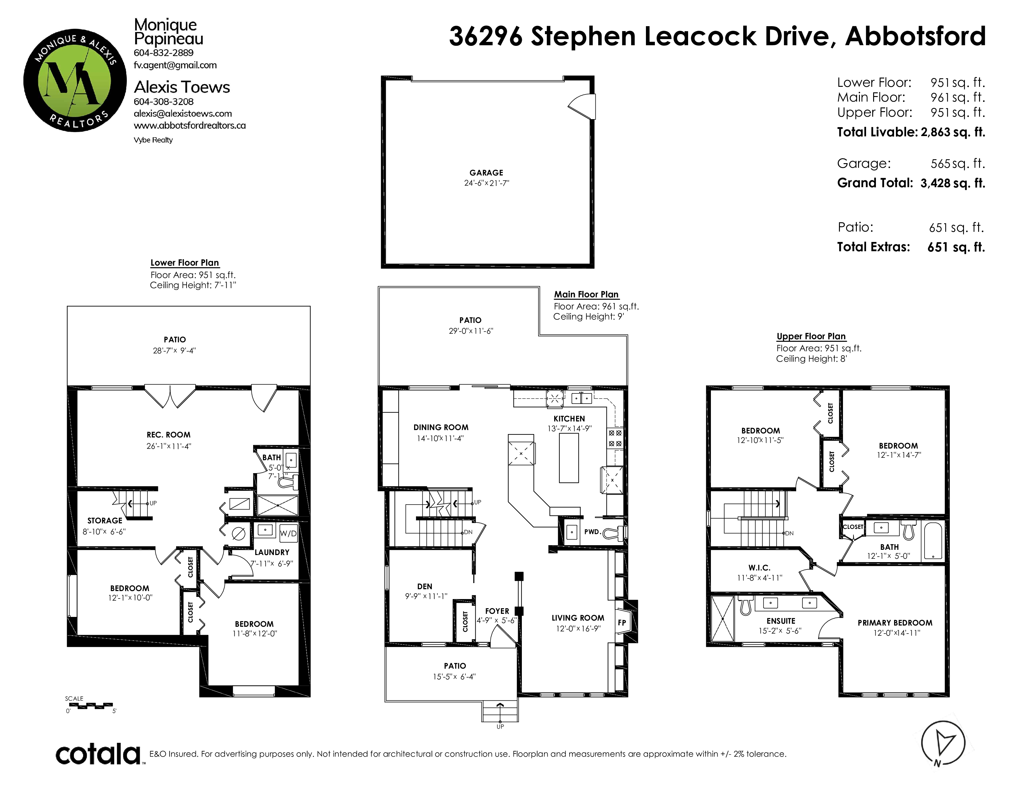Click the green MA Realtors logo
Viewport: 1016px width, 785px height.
pyautogui.click(x=75, y=80)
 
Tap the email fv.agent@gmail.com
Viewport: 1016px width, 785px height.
pyautogui.click(x=175, y=65)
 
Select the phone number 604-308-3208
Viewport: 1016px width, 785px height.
pyautogui.click(x=164, y=101)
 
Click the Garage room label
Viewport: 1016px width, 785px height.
pyautogui.click(x=486, y=172)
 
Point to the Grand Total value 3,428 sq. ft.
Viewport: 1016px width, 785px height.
pyautogui.click(x=953, y=183)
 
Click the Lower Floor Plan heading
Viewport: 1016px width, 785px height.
pyautogui.click(x=185, y=263)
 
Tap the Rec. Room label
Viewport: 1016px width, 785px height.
pyautogui.click(x=168, y=435)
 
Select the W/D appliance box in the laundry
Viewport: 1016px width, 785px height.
pyautogui.click(x=288, y=533)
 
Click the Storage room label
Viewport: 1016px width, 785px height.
pyautogui.click(x=105, y=520)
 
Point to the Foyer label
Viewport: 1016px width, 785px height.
pyautogui.click(x=497, y=611)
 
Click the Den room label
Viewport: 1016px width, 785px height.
pyautogui.click(x=425, y=586)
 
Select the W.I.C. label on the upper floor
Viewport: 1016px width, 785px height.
pyautogui.click(x=759, y=568)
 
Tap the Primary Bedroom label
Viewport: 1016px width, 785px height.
pyautogui.click(x=895, y=623)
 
